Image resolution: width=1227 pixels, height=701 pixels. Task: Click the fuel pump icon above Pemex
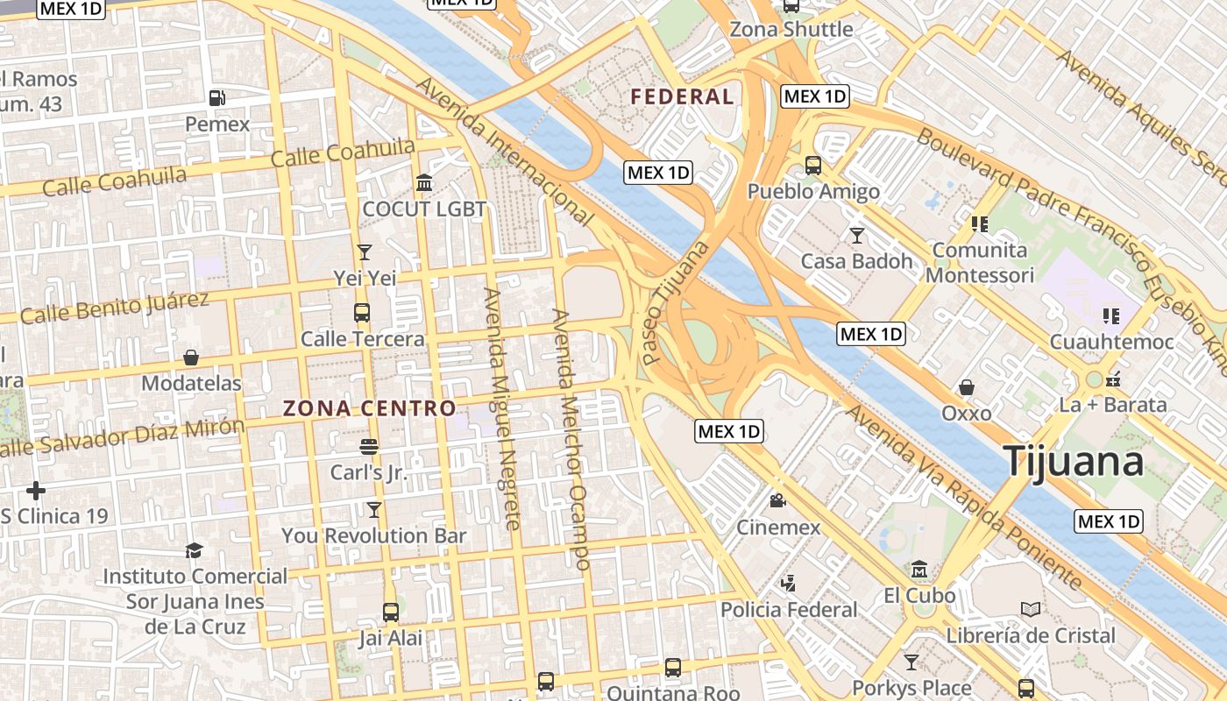[216, 98]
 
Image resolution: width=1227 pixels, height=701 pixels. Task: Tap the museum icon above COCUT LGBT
[424, 183]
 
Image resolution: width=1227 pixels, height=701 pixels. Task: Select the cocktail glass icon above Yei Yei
[365, 252]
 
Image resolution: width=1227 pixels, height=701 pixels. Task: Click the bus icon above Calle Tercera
[361, 313]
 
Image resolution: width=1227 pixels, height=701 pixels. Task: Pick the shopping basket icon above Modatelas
[191, 358]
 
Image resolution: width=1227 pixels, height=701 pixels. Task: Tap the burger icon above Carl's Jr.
[368, 447]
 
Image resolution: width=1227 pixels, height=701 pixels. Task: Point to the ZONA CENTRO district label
[369, 408]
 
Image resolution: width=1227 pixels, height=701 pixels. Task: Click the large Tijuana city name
[1074, 461]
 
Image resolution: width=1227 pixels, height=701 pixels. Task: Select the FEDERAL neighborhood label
[682, 96]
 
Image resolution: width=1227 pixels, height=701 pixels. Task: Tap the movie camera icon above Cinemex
[777, 501]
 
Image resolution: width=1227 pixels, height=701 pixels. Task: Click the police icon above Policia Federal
[789, 583]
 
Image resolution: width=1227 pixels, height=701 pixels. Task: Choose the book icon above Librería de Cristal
[1031, 609]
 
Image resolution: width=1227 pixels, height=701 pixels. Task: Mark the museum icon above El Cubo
[918, 570]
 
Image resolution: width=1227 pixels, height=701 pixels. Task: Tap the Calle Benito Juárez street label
[115, 308]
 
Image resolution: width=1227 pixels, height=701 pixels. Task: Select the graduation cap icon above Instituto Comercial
[194, 550]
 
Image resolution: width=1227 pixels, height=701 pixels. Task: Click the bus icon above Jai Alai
[391, 612]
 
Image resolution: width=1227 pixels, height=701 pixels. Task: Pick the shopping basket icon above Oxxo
[967, 387]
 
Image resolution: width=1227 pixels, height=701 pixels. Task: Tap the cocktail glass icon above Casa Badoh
[856, 235]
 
